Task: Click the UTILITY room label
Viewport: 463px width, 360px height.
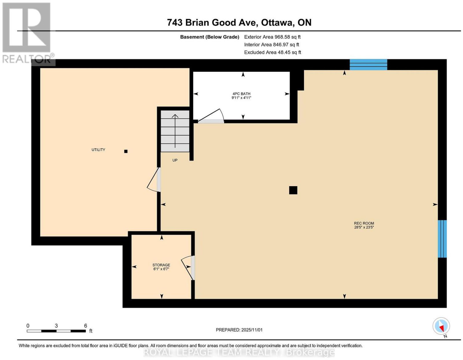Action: click(x=98, y=150)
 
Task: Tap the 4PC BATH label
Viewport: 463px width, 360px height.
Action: click(x=241, y=94)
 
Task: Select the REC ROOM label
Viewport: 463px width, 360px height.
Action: click(x=364, y=223)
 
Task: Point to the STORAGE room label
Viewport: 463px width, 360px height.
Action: click(x=161, y=265)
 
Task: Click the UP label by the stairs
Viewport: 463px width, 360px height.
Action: click(x=175, y=160)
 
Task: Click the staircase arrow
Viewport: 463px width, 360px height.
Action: click(x=175, y=131)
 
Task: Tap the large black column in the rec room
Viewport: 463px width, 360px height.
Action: click(x=293, y=190)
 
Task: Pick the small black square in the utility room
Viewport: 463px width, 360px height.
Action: click(x=126, y=151)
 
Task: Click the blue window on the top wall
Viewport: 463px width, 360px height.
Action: click(x=368, y=65)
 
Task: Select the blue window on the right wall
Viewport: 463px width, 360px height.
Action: click(x=442, y=239)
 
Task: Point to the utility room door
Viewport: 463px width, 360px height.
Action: click(x=154, y=180)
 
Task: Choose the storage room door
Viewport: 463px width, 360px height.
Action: click(x=188, y=268)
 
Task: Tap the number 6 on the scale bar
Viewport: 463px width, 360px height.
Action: click(x=85, y=326)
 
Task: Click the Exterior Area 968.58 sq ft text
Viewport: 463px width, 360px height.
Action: click(x=272, y=37)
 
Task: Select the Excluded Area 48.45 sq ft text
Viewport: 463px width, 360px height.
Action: click(x=273, y=52)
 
